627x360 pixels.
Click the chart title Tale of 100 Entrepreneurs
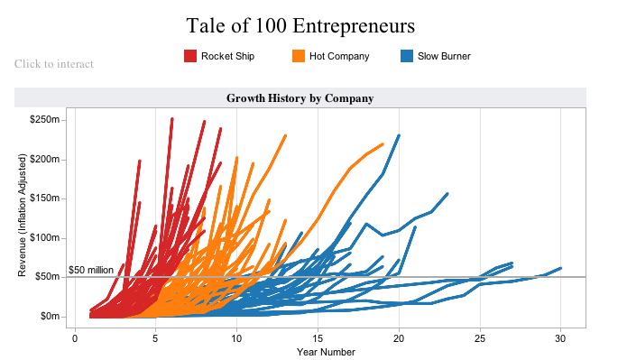point(300,26)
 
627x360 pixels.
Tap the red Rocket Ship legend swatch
point(190,56)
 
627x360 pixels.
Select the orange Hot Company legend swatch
point(299,56)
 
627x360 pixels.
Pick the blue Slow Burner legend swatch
point(407,56)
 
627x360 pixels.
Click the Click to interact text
point(54,64)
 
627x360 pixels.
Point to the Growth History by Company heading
point(300,98)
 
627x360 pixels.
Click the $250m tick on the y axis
point(44,120)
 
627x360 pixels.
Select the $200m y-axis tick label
point(44,159)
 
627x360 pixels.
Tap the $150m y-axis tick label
point(44,198)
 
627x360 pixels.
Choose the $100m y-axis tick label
point(44,237)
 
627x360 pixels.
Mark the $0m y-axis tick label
point(50,317)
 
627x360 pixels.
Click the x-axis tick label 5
point(155,339)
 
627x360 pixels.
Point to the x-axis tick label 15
point(318,339)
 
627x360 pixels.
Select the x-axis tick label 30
point(560,339)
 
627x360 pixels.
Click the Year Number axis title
point(326,352)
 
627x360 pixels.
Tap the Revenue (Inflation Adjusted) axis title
point(22,216)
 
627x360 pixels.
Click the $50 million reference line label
point(91,270)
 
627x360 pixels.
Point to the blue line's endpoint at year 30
point(560,268)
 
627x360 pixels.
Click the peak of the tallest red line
point(172,119)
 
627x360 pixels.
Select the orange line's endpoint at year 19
point(383,144)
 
